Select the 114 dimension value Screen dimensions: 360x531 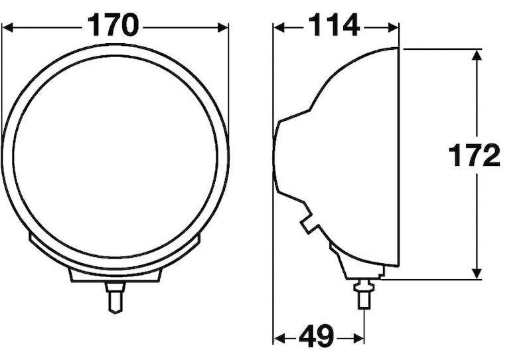pyautogui.click(x=333, y=27)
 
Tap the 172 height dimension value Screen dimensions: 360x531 pyautogui.click(x=474, y=157)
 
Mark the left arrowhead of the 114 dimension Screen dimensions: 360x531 pyautogui.click(x=280, y=27)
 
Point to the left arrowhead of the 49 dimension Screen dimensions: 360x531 pyautogui.click(x=280, y=339)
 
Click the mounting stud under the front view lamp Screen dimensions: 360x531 pyautogui.click(x=115, y=297)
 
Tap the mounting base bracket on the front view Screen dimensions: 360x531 pyautogui.click(x=115, y=275)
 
